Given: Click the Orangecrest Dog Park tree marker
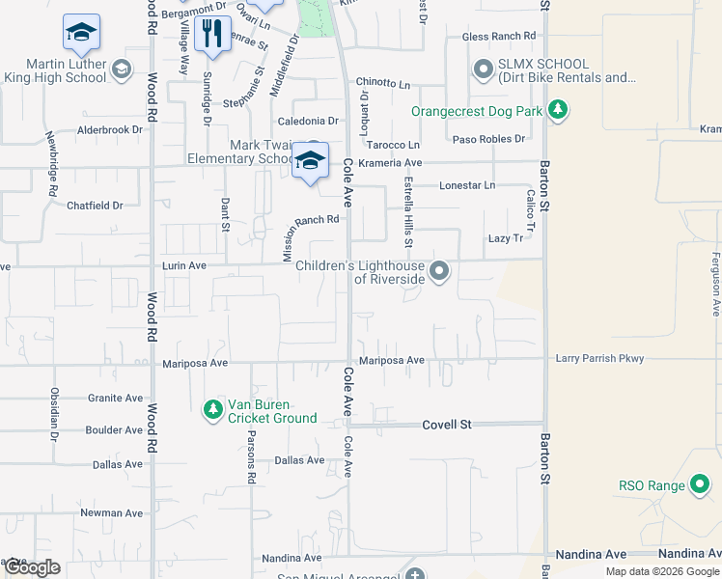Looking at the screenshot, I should tap(557, 110).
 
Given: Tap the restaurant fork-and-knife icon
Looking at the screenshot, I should tap(212, 34).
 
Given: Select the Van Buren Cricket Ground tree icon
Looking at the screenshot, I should tap(212, 410).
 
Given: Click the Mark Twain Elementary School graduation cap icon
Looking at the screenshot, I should tap(311, 160).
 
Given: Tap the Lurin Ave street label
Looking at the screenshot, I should tap(183, 265).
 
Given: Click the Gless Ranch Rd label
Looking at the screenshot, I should tap(498, 37).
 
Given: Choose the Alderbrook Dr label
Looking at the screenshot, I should tap(109, 129).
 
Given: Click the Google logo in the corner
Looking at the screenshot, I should tap(31, 567).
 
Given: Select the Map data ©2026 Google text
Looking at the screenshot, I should tap(661, 570).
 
